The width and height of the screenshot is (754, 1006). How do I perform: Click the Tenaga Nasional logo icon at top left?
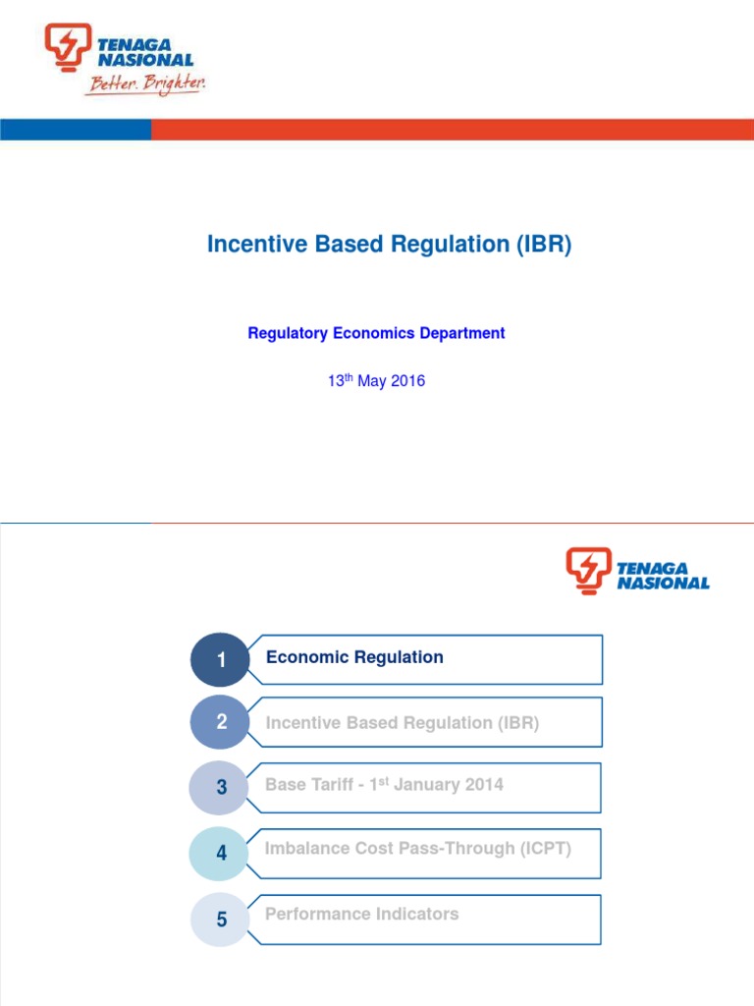click(67, 47)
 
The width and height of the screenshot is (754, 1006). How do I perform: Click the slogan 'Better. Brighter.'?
click(145, 84)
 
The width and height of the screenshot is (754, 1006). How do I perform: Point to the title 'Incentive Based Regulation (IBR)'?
click(389, 246)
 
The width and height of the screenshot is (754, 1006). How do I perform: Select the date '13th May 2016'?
click(376, 381)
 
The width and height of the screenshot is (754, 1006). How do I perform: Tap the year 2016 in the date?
click(407, 381)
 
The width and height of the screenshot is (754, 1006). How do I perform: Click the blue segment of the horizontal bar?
click(75, 130)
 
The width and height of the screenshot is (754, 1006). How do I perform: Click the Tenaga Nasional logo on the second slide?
click(637, 571)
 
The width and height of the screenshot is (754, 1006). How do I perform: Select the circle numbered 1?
click(221, 660)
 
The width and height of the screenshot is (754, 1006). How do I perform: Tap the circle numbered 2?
click(221, 723)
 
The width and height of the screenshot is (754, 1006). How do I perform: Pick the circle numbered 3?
click(221, 788)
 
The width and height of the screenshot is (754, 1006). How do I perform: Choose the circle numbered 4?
click(221, 853)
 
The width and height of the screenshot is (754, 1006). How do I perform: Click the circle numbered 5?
click(221, 920)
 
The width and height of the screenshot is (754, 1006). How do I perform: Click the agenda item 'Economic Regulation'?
click(354, 657)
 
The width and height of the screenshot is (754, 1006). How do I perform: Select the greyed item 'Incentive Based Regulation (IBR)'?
click(402, 723)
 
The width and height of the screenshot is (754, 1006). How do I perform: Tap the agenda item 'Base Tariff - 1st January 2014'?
click(384, 785)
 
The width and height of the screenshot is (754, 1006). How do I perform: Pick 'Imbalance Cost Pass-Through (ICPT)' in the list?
click(417, 849)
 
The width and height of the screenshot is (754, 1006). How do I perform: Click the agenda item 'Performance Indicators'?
click(361, 914)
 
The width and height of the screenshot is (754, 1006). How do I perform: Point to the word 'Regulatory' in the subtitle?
click(288, 333)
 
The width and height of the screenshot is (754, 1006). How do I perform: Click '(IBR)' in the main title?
click(543, 246)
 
